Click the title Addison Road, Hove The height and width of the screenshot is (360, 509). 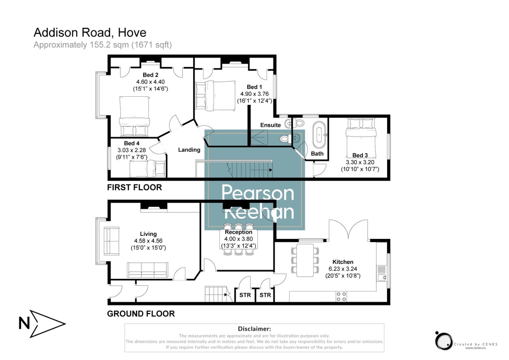click(90, 32)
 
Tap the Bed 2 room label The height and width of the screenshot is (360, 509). click(150, 75)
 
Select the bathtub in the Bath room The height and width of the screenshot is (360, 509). click(320, 135)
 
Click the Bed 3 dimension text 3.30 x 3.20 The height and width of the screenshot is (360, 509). click(360, 162)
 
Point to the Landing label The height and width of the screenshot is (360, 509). click(189, 150)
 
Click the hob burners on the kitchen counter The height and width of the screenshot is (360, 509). click(341, 296)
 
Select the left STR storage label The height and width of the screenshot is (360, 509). click(245, 295)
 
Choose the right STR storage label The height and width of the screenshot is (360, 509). click(265, 295)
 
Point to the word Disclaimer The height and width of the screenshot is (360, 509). click(254, 329)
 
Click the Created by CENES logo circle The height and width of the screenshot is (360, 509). click(444, 341)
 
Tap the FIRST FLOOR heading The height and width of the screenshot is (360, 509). click(134, 187)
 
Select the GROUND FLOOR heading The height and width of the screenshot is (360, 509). click(141, 314)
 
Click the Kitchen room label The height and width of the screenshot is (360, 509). click(343, 262)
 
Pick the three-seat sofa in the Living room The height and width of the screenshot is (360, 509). click(147, 270)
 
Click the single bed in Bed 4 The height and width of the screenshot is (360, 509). click(147, 169)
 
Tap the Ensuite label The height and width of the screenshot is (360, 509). click(270, 125)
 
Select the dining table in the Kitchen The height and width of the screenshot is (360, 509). click(305, 260)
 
